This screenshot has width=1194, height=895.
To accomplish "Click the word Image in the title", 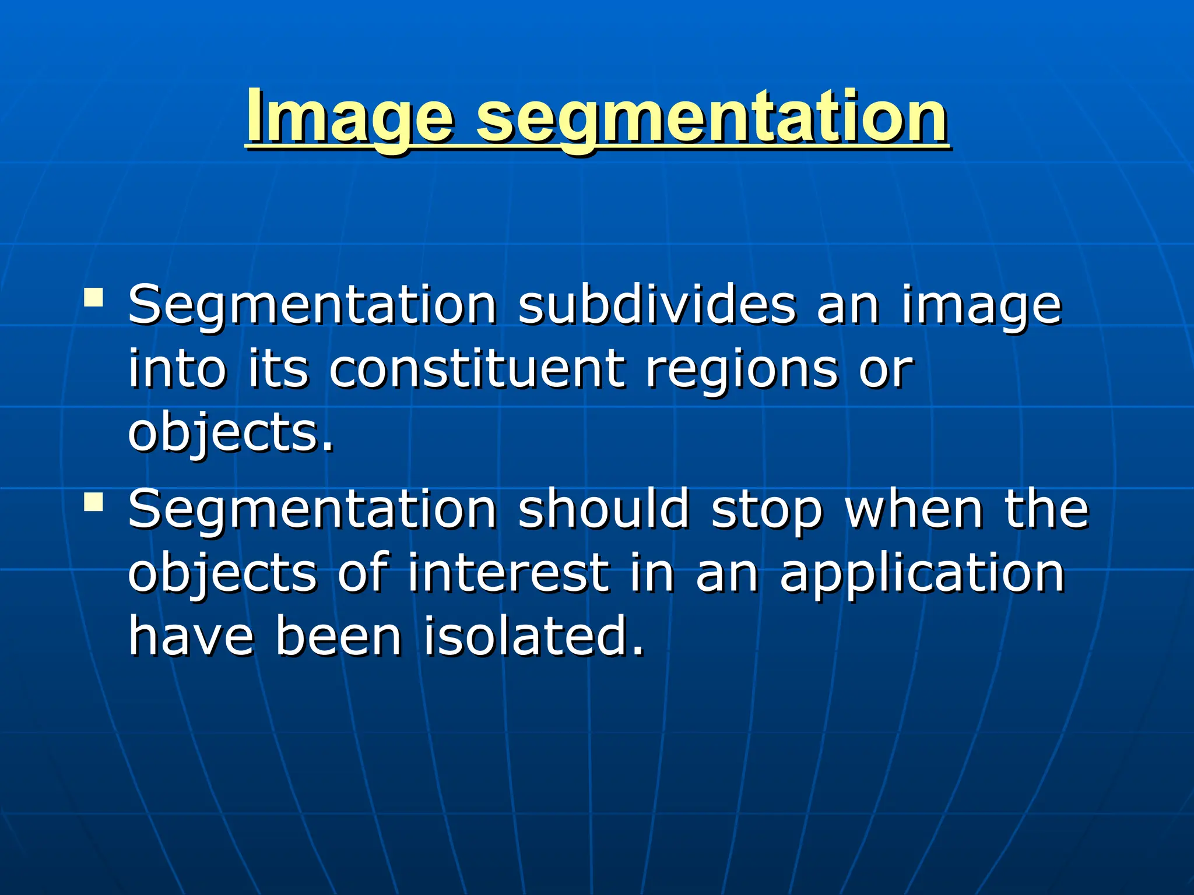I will (349, 117).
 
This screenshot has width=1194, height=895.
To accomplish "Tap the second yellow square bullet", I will (93, 501).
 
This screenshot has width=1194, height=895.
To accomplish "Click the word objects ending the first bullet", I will (230, 434).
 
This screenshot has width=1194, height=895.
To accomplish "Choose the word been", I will (338, 636).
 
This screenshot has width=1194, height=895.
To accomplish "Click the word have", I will (191, 636).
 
